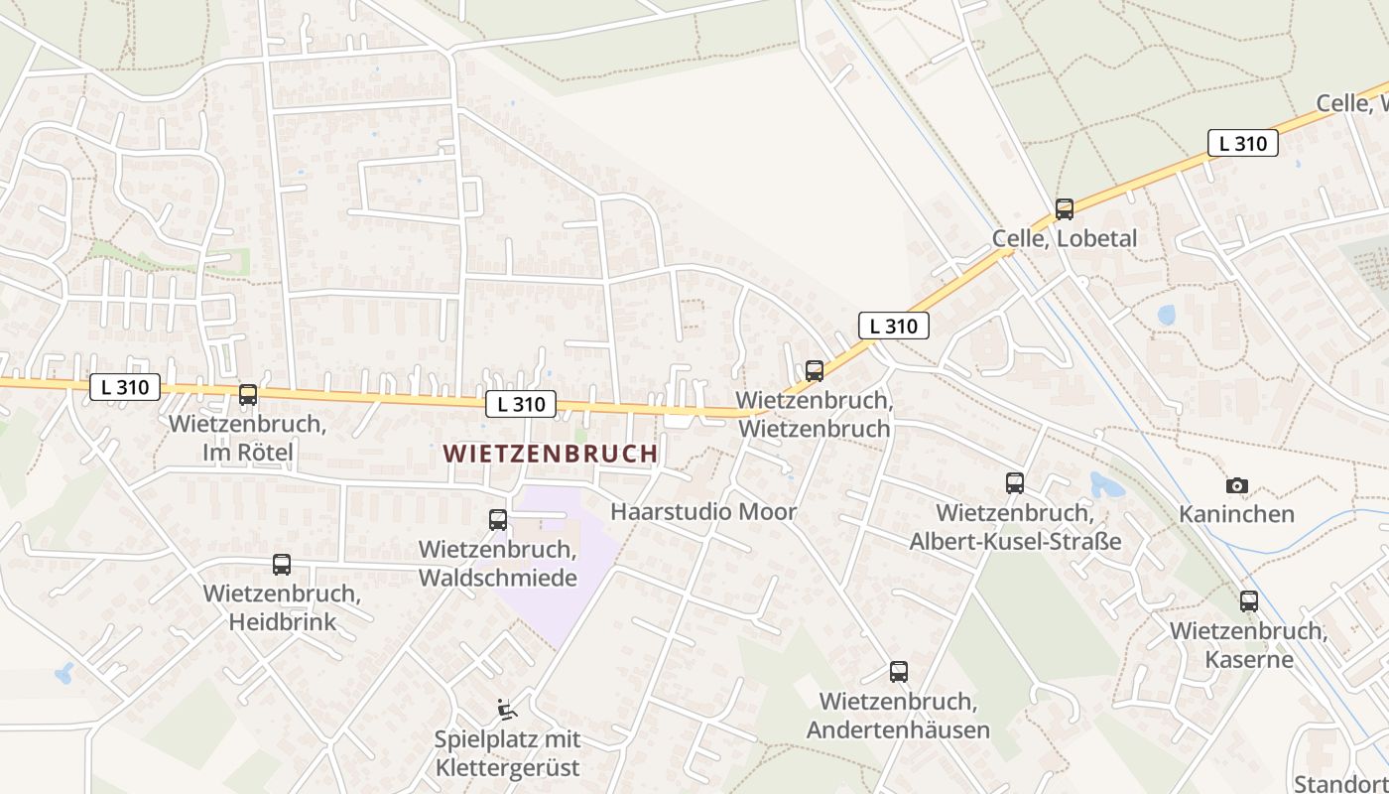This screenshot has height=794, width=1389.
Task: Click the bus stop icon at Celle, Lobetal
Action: (x=1065, y=209)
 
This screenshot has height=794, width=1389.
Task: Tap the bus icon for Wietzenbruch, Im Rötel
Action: (x=248, y=395)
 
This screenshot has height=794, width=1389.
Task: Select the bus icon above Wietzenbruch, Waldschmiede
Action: (x=498, y=520)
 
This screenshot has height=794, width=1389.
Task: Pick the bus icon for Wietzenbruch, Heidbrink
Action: (x=282, y=565)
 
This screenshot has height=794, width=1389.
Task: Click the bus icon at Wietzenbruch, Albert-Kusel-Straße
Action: (x=1015, y=483)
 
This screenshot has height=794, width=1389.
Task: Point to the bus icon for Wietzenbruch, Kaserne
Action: (x=1248, y=600)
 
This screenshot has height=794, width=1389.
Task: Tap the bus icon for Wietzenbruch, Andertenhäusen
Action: (x=898, y=672)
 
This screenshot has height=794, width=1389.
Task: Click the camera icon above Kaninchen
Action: (x=1236, y=485)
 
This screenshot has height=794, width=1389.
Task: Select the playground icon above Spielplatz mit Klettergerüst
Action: (x=507, y=710)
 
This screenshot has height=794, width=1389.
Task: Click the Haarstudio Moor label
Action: (x=703, y=512)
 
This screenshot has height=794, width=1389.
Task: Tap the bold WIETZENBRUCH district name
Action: (x=550, y=454)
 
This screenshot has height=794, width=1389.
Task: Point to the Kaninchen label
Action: (x=1236, y=514)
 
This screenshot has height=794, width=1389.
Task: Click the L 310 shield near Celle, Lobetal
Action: (x=1242, y=143)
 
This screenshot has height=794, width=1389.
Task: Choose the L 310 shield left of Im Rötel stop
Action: (x=125, y=387)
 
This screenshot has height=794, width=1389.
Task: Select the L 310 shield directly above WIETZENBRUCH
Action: (x=521, y=404)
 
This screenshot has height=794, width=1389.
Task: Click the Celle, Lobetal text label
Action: (x=1065, y=239)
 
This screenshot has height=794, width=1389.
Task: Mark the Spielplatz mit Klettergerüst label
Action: (x=507, y=753)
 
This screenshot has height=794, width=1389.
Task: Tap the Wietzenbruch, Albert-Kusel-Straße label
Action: (x=1015, y=527)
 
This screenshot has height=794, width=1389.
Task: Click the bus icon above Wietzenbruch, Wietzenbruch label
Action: (x=815, y=371)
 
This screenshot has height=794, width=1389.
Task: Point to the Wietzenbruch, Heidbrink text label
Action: (x=282, y=607)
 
